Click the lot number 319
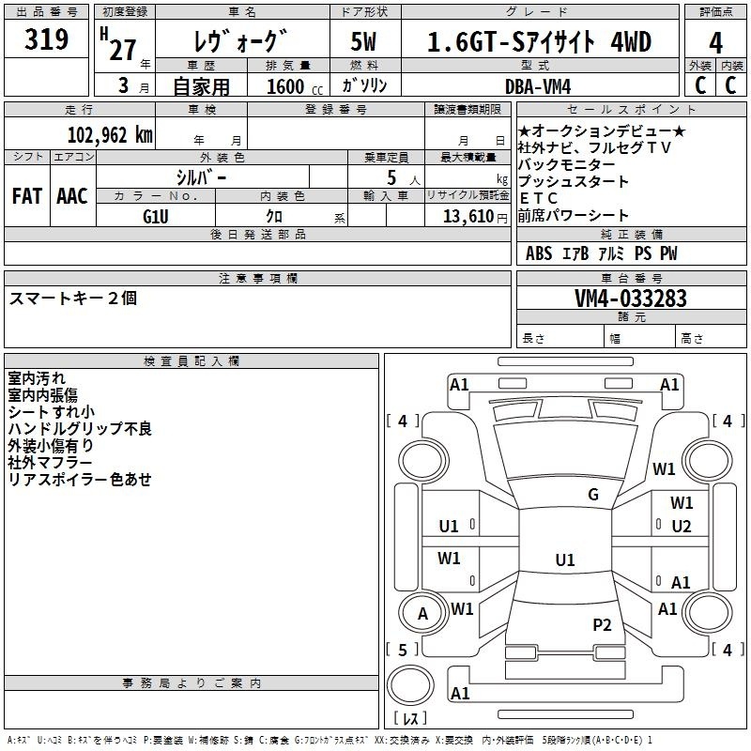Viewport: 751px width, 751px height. (x=46, y=38)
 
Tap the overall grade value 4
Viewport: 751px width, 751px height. (x=715, y=43)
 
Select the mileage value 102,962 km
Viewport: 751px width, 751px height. (x=110, y=135)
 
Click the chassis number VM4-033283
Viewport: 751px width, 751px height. (x=631, y=299)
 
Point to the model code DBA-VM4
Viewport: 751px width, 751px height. (x=538, y=86)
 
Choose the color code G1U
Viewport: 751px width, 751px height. (x=156, y=217)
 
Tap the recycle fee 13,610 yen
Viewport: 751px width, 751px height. (x=475, y=217)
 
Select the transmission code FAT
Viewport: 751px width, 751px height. (x=27, y=196)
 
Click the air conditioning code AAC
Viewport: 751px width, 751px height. (x=72, y=196)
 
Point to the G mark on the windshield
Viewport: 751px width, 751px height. (x=593, y=495)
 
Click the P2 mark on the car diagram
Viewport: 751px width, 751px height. (x=602, y=625)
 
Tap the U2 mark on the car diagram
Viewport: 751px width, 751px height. (x=682, y=527)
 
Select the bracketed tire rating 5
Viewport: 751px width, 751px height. (x=403, y=650)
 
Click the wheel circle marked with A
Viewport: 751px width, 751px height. (x=423, y=613)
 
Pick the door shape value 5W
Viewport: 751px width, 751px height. (x=363, y=41)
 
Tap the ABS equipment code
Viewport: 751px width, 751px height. (x=539, y=253)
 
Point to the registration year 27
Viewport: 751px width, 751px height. (x=123, y=50)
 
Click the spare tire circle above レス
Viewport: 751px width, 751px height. (x=410, y=685)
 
